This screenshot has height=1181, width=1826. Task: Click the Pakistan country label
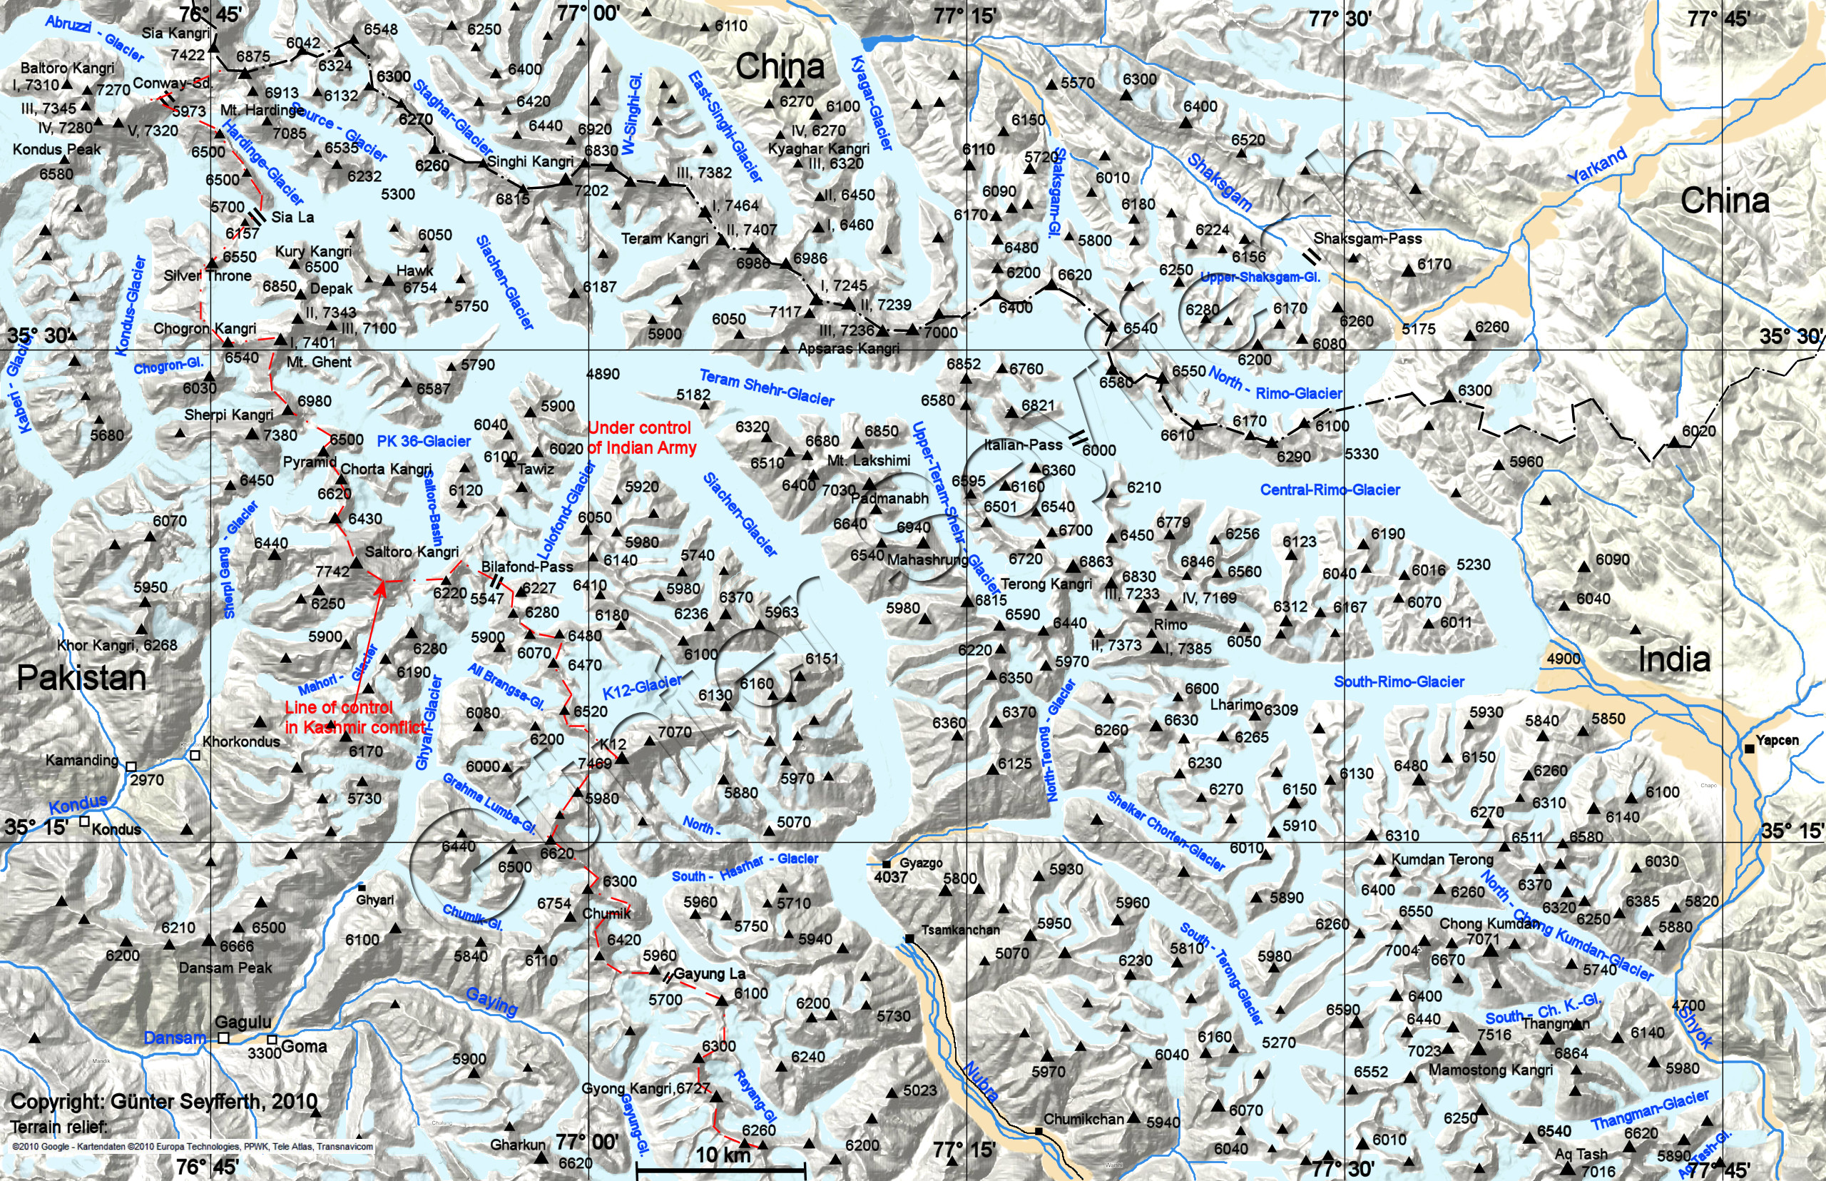click(81, 678)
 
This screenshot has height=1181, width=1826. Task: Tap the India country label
click(1673, 659)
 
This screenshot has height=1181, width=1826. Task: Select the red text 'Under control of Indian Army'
click(642, 438)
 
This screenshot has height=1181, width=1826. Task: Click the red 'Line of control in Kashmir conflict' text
click(355, 717)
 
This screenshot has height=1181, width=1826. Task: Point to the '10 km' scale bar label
click(722, 1154)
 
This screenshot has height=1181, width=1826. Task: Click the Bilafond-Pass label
click(526, 567)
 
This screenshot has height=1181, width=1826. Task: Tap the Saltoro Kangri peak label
click(412, 552)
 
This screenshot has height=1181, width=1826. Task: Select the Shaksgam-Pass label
click(1367, 238)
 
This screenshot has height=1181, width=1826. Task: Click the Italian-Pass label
click(1024, 445)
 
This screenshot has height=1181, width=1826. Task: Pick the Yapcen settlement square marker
click(1748, 748)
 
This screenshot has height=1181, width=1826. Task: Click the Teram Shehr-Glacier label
click(767, 387)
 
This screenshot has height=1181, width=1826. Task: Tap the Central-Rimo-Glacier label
click(1330, 490)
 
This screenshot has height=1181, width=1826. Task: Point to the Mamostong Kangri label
click(1490, 1070)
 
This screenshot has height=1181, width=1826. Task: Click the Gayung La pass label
click(709, 974)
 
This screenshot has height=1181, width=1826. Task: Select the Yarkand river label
click(1597, 166)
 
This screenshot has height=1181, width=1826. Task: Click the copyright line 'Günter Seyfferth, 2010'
click(164, 1102)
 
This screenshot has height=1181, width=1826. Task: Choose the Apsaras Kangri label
click(849, 348)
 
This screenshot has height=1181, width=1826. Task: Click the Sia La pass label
click(292, 217)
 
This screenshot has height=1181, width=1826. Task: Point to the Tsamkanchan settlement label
click(960, 931)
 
